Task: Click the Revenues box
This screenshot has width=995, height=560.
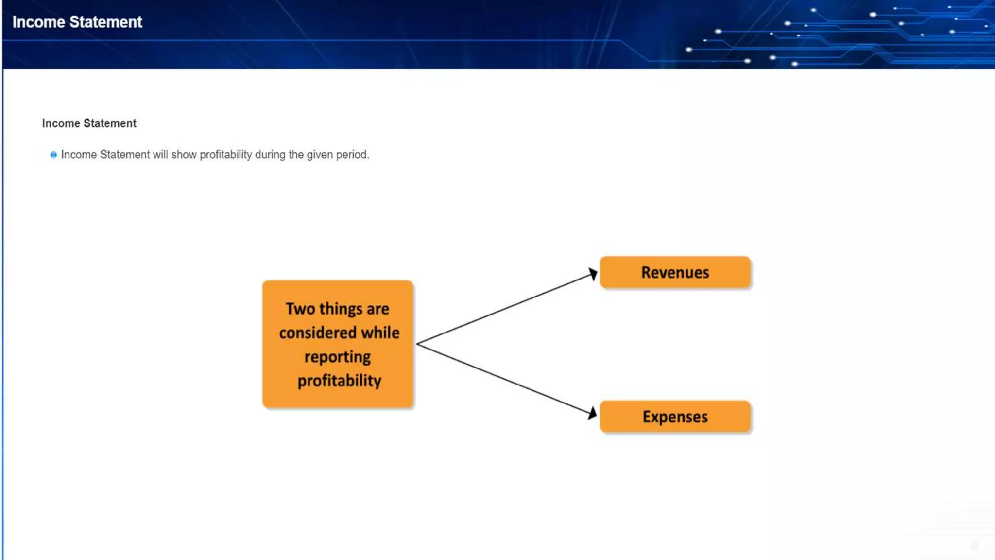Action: pos(675,272)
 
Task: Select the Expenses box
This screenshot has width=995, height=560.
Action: pos(675,417)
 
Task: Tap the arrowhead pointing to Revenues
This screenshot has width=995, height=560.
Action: pos(593,274)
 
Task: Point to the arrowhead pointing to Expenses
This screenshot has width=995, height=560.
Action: pos(592,413)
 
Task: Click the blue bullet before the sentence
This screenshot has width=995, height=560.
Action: pos(53,155)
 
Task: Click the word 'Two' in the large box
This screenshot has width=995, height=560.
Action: pos(300,309)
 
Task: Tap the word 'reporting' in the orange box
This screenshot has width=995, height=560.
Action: pos(338,357)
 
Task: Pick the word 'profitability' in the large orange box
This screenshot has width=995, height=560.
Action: pos(339,381)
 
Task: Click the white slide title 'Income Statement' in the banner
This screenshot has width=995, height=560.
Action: pos(77,22)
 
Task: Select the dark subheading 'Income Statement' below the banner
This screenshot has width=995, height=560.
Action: pos(89,123)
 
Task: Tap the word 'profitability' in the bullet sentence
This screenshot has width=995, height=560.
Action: pos(225,155)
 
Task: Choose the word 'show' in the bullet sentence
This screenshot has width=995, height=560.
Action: pos(184,155)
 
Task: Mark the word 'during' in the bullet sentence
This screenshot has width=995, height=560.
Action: pos(270,155)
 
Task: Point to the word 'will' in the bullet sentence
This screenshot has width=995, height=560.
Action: pos(160,155)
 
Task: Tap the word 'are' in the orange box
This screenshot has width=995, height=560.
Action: pos(378,309)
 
